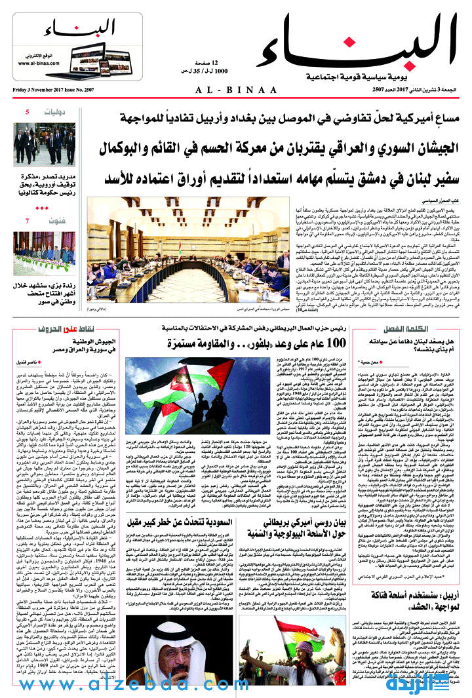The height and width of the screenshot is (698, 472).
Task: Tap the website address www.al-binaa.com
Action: pos(40,62)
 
